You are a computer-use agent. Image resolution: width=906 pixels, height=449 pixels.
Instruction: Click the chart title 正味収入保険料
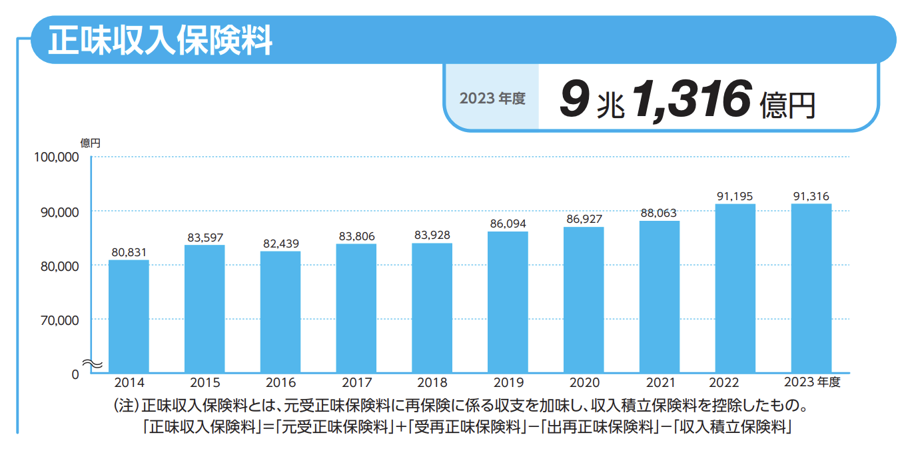[160, 41]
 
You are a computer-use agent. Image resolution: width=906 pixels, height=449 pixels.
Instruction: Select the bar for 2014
[129, 316]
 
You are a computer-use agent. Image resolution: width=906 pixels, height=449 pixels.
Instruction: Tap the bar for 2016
[280, 312]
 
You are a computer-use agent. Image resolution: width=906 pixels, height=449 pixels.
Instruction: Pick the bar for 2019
[508, 302]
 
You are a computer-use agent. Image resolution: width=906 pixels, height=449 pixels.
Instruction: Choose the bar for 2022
[735, 288]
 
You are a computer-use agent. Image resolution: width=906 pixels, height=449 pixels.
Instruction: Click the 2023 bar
[811, 288]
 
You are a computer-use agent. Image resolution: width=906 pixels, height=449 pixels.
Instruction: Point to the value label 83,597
[205, 238]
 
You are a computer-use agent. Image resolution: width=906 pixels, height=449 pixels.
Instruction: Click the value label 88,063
[658, 213]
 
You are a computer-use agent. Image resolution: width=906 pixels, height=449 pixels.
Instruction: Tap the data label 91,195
[735, 196]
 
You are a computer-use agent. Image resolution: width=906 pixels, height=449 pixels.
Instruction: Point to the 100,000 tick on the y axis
[56, 157]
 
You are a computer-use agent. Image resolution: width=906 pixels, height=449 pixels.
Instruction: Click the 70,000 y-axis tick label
[59, 320]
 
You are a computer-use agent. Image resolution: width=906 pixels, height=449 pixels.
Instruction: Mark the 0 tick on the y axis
[75, 374]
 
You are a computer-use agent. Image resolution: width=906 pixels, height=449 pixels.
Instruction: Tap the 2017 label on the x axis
[356, 384]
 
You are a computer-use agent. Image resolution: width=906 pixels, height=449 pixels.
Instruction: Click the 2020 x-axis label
[584, 384]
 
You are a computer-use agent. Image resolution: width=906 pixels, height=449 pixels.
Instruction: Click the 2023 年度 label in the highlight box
[492, 99]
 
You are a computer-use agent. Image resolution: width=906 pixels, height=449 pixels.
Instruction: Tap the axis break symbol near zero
[91, 364]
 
